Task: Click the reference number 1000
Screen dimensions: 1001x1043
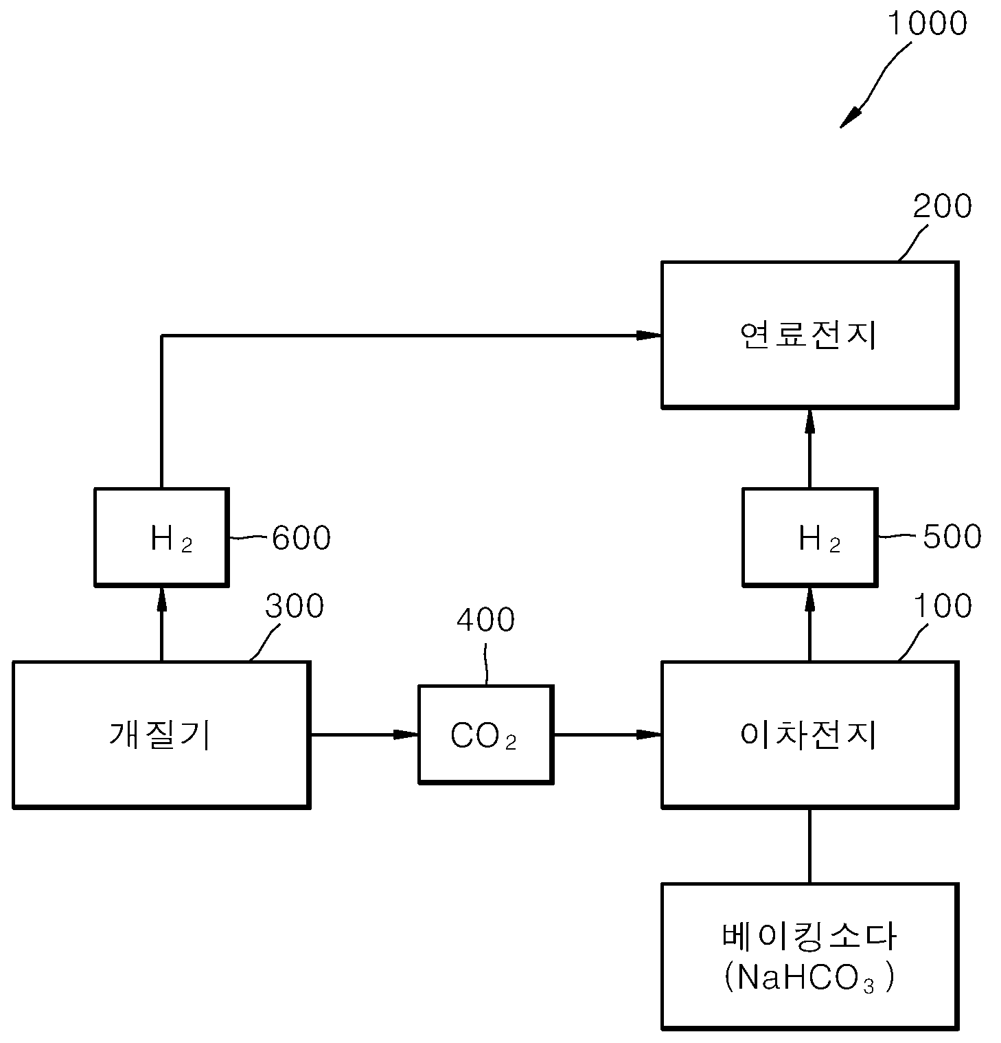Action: click(x=927, y=23)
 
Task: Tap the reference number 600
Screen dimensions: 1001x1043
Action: click(x=301, y=537)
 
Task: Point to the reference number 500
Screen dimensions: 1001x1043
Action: click(x=952, y=537)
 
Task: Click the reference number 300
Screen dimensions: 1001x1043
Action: click(x=295, y=606)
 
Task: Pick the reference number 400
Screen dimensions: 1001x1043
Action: click(x=485, y=620)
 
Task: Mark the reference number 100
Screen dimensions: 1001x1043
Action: click(x=943, y=605)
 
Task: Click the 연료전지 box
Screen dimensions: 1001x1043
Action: click(x=809, y=335)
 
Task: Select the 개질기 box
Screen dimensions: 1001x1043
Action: click(x=161, y=734)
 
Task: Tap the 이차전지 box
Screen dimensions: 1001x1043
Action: click(x=809, y=734)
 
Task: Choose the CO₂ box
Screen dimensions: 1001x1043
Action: click(x=485, y=734)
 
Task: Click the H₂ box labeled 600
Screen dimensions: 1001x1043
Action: click(x=161, y=537)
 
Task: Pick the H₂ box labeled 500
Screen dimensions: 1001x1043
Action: click(x=809, y=537)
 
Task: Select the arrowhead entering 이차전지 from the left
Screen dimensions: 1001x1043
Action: click(x=648, y=734)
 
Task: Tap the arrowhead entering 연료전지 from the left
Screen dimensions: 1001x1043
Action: click(x=648, y=335)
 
